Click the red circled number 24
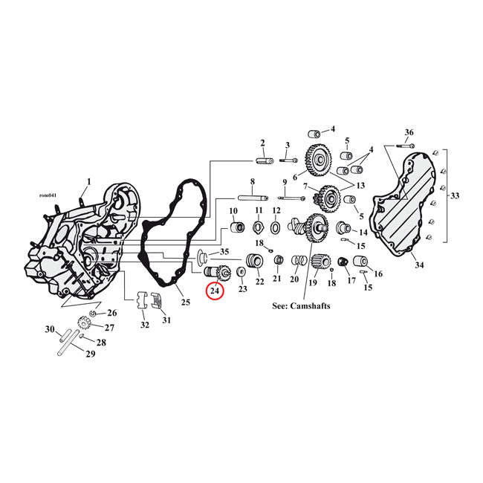(x=215, y=292)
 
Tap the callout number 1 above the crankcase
(x=89, y=181)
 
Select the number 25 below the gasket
(x=185, y=302)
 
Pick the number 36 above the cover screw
(x=409, y=133)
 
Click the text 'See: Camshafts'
(x=301, y=305)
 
